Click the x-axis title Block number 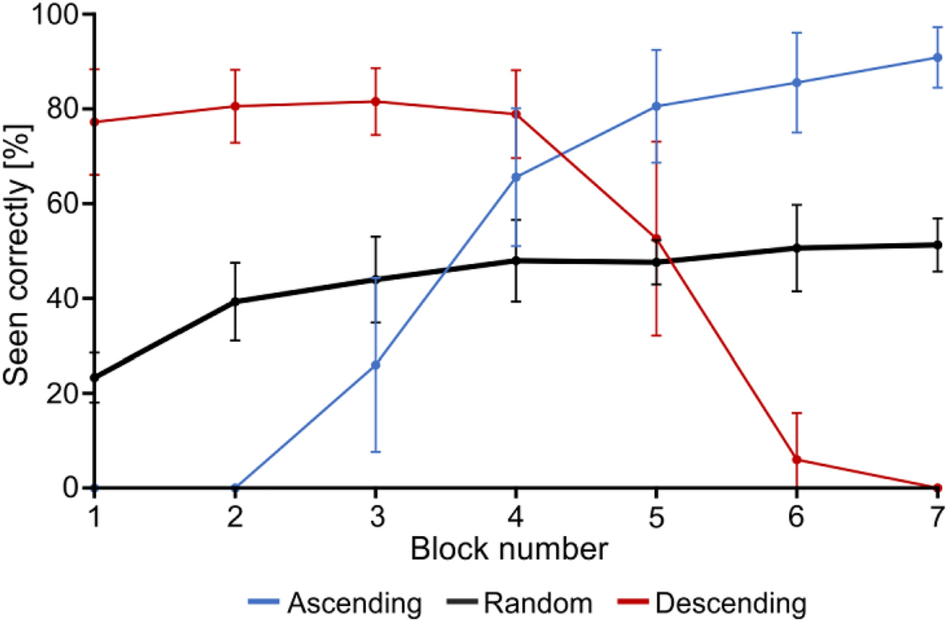point(514,550)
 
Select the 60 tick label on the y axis point(63,204)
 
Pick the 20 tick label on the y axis point(63,393)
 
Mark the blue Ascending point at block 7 point(937,58)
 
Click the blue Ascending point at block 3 point(375,365)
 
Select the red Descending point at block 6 point(797,459)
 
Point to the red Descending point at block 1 point(95,122)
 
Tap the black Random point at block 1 point(95,377)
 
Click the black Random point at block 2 point(235,302)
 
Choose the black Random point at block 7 point(937,245)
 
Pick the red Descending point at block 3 point(375,101)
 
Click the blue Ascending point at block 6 point(797,83)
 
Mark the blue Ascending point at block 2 point(235,488)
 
